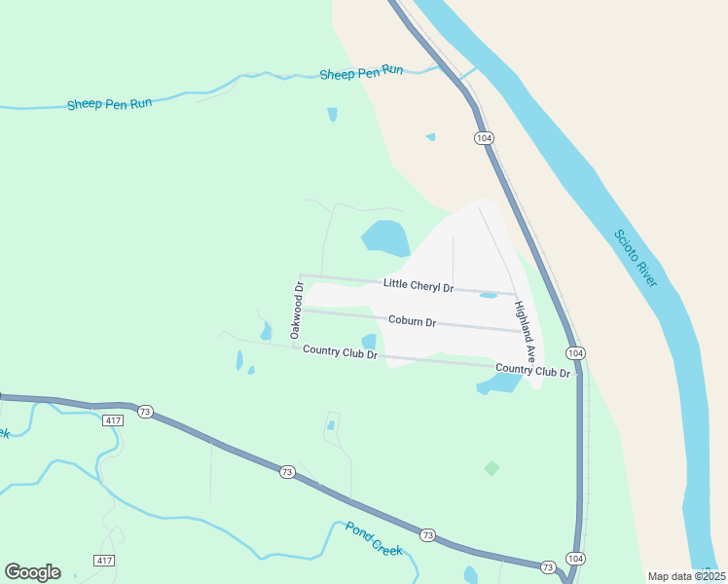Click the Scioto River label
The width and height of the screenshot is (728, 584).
point(636,258)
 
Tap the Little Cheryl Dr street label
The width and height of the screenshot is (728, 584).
point(419,285)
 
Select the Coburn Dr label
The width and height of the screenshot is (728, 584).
point(412,320)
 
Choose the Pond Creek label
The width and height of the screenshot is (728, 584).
point(374,538)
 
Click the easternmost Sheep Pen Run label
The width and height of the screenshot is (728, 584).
point(361,72)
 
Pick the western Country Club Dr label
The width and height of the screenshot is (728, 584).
point(340,351)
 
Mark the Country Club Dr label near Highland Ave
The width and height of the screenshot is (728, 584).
point(532,370)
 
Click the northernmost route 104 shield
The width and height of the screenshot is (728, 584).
point(484,137)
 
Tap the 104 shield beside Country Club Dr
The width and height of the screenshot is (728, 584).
point(575,352)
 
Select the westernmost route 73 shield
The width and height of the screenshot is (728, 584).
point(145,411)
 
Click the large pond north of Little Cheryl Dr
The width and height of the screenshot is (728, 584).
point(385,237)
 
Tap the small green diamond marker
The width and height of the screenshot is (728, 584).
point(492,468)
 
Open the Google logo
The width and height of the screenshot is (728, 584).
point(32,571)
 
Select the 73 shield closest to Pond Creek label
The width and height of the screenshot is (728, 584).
point(428,535)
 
